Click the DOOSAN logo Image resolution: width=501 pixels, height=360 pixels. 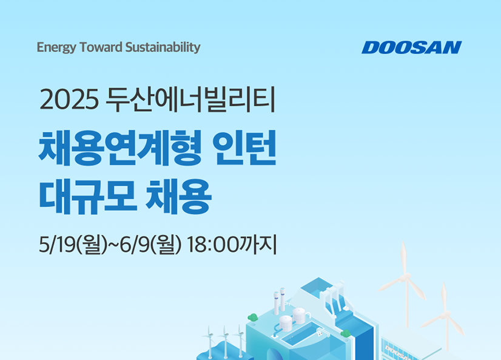click(411, 47)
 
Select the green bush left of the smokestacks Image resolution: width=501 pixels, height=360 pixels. click(254, 317)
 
